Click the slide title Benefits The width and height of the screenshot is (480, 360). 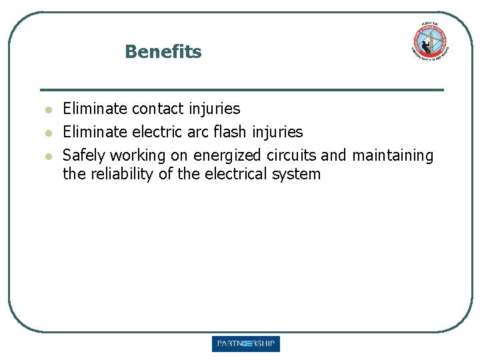click(x=163, y=51)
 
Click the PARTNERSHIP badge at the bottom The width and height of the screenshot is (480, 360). click(x=246, y=344)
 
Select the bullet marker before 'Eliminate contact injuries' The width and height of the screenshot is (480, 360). click(x=48, y=109)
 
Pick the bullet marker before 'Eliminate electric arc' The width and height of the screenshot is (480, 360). click(x=48, y=132)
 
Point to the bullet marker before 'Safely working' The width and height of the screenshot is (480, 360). click(x=48, y=155)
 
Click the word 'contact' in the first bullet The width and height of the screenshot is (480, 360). click(x=158, y=108)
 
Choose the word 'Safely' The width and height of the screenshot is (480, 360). click(x=84, y=155)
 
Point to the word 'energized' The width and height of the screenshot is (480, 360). click(x=227, y=155)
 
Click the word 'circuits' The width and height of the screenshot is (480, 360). click(x=291, y=155)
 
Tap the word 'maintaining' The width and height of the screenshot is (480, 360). click(x=393, y=155)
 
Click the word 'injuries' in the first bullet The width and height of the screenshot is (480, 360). click(x=214, y=108)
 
